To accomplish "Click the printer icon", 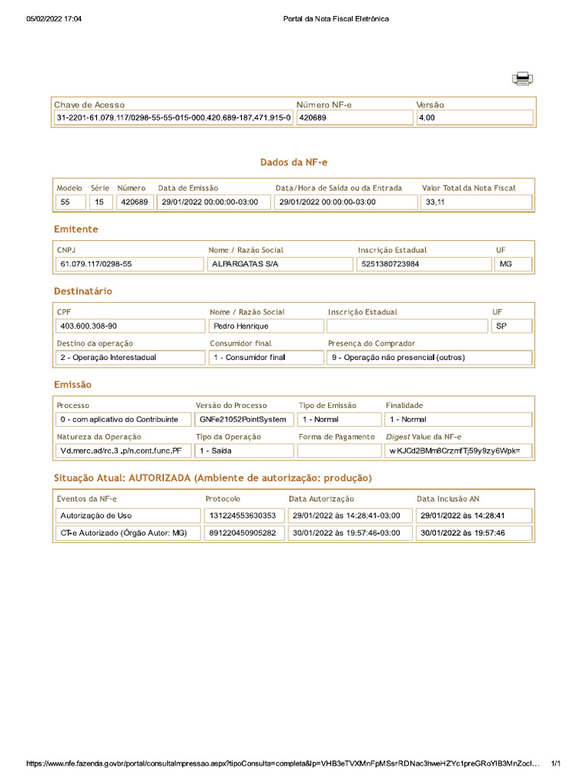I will pos(523,79).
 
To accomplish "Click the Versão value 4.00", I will pos(473,118).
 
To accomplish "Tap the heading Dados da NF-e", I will pos(294,162).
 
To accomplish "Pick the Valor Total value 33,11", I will pos(475,202).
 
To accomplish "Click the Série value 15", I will pos(100,202).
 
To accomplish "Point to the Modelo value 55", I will pos(70,202).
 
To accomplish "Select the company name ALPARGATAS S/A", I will pos(279,265).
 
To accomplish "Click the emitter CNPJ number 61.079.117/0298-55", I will pos(128,265).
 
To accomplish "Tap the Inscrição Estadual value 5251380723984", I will pos(423,265).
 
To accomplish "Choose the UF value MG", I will pos(513,265).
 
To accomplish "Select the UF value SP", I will pos(510,326).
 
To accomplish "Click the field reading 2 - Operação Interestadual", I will pos(130,358).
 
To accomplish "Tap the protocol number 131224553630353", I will pos(243,516).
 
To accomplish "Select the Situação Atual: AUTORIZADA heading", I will pos(213,478).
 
